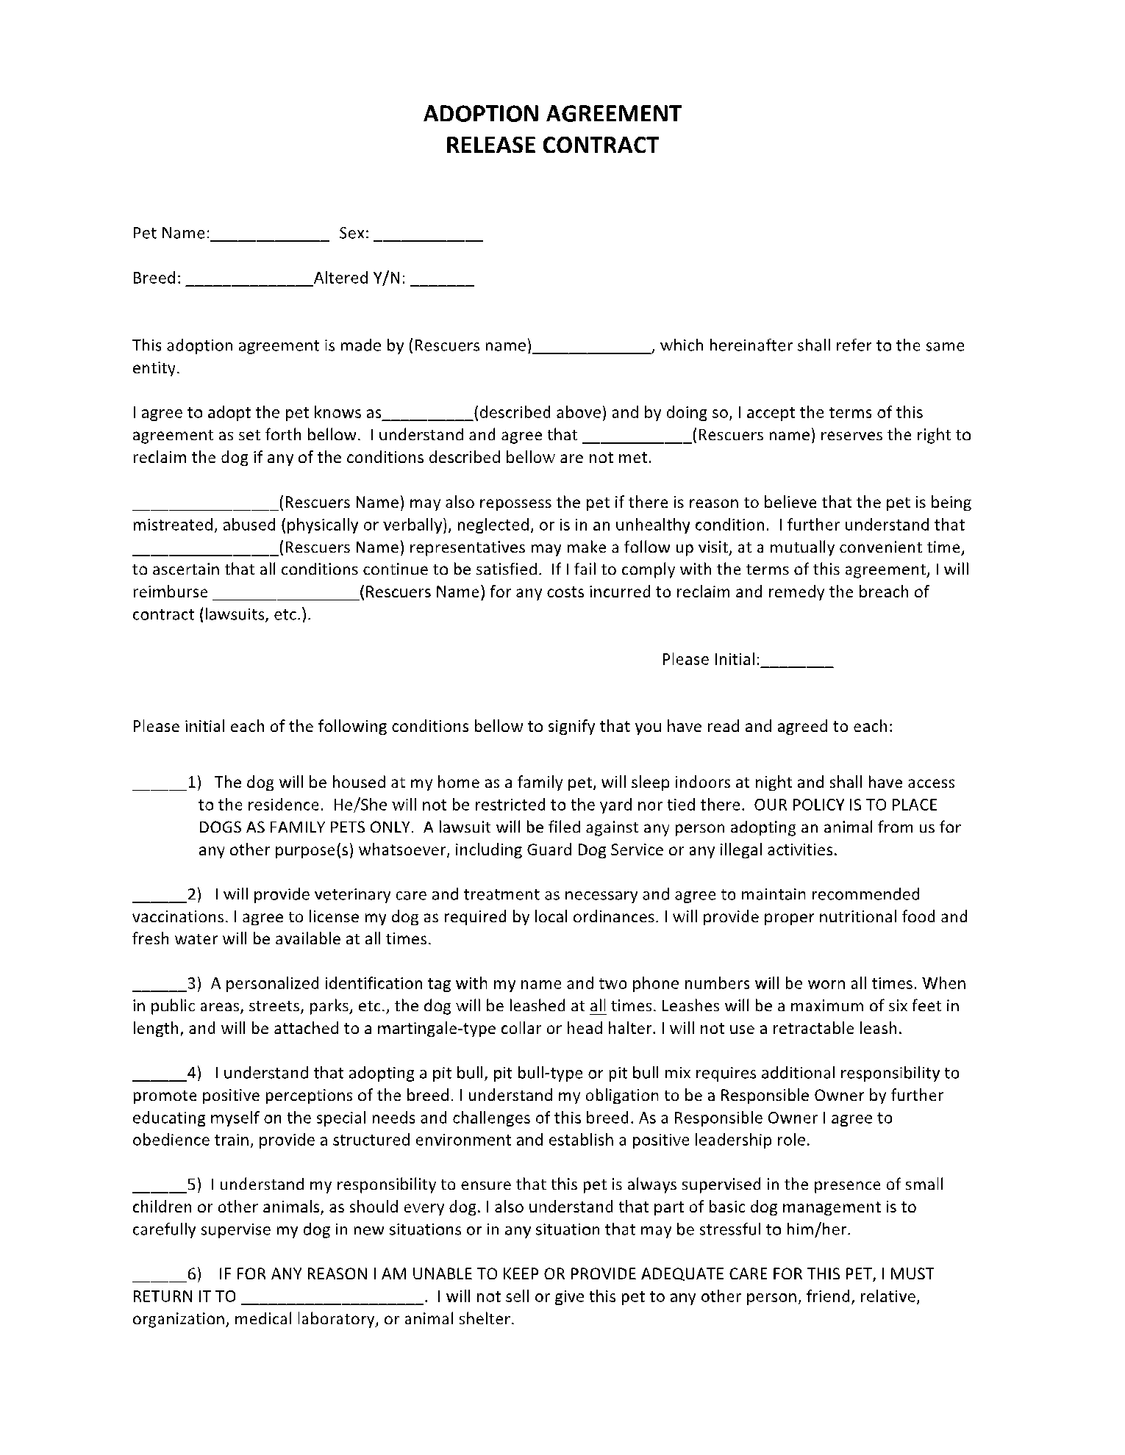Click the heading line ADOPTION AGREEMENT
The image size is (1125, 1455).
[x=552, y=113]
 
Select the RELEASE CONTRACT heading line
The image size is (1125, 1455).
[x=552, y=145]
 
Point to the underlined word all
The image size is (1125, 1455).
[x=598, y=1006]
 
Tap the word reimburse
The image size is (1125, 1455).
[x=170, y=592]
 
